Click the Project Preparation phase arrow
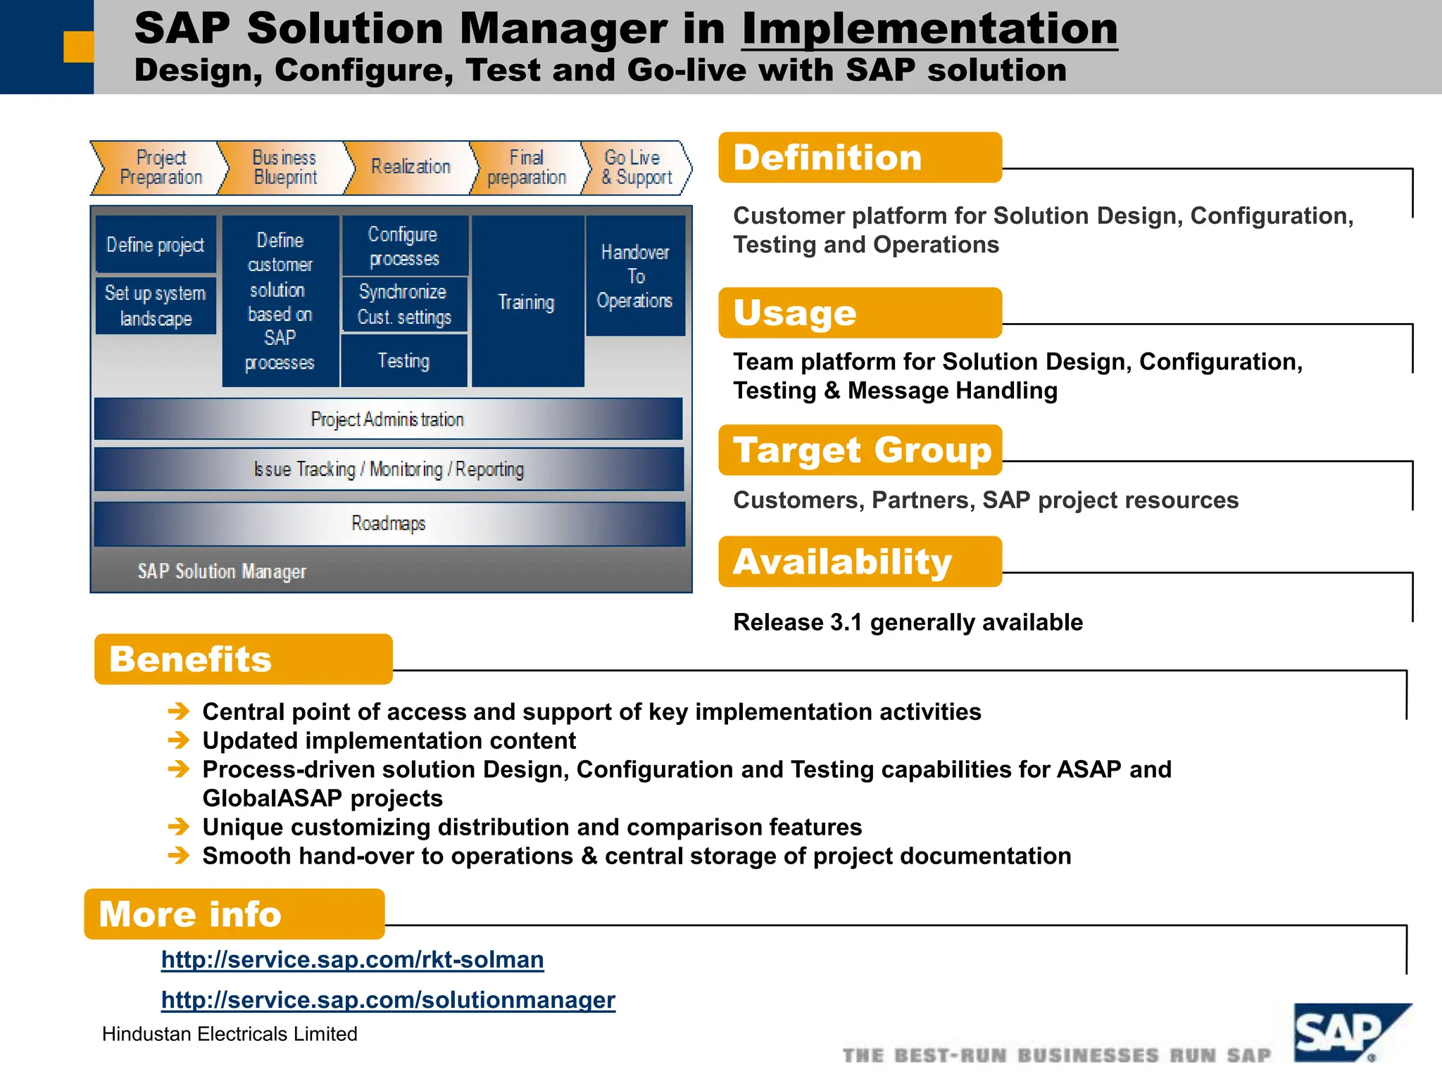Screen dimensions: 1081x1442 tap(161, 167)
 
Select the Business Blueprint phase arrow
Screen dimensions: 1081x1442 tap(284, 167)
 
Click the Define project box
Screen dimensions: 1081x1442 tap(156, 245)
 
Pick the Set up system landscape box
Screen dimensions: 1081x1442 tap(156, 305)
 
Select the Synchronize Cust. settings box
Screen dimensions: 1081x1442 tap(404, 304)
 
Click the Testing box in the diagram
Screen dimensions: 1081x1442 tap(404, 361)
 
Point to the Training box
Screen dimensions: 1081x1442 tap(527, 302)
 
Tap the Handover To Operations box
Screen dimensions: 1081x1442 tap(635, 276)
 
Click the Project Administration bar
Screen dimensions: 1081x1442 tap(388, 419)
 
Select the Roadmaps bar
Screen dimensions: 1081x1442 tap(389, 524)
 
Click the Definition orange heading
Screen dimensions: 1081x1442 tap(860, 158)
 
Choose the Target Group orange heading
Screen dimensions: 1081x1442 tap(860, 450)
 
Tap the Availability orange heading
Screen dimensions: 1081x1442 tap(860, 562)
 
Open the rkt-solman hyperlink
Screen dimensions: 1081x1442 tap(352, 959)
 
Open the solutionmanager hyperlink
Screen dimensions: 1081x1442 tap(388, 999)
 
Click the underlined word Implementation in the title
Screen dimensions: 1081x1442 tap(929, 30)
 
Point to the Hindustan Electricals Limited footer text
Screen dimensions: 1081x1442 tap(230, 1034)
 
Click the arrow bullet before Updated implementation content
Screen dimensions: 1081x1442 tap(179, 740)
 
